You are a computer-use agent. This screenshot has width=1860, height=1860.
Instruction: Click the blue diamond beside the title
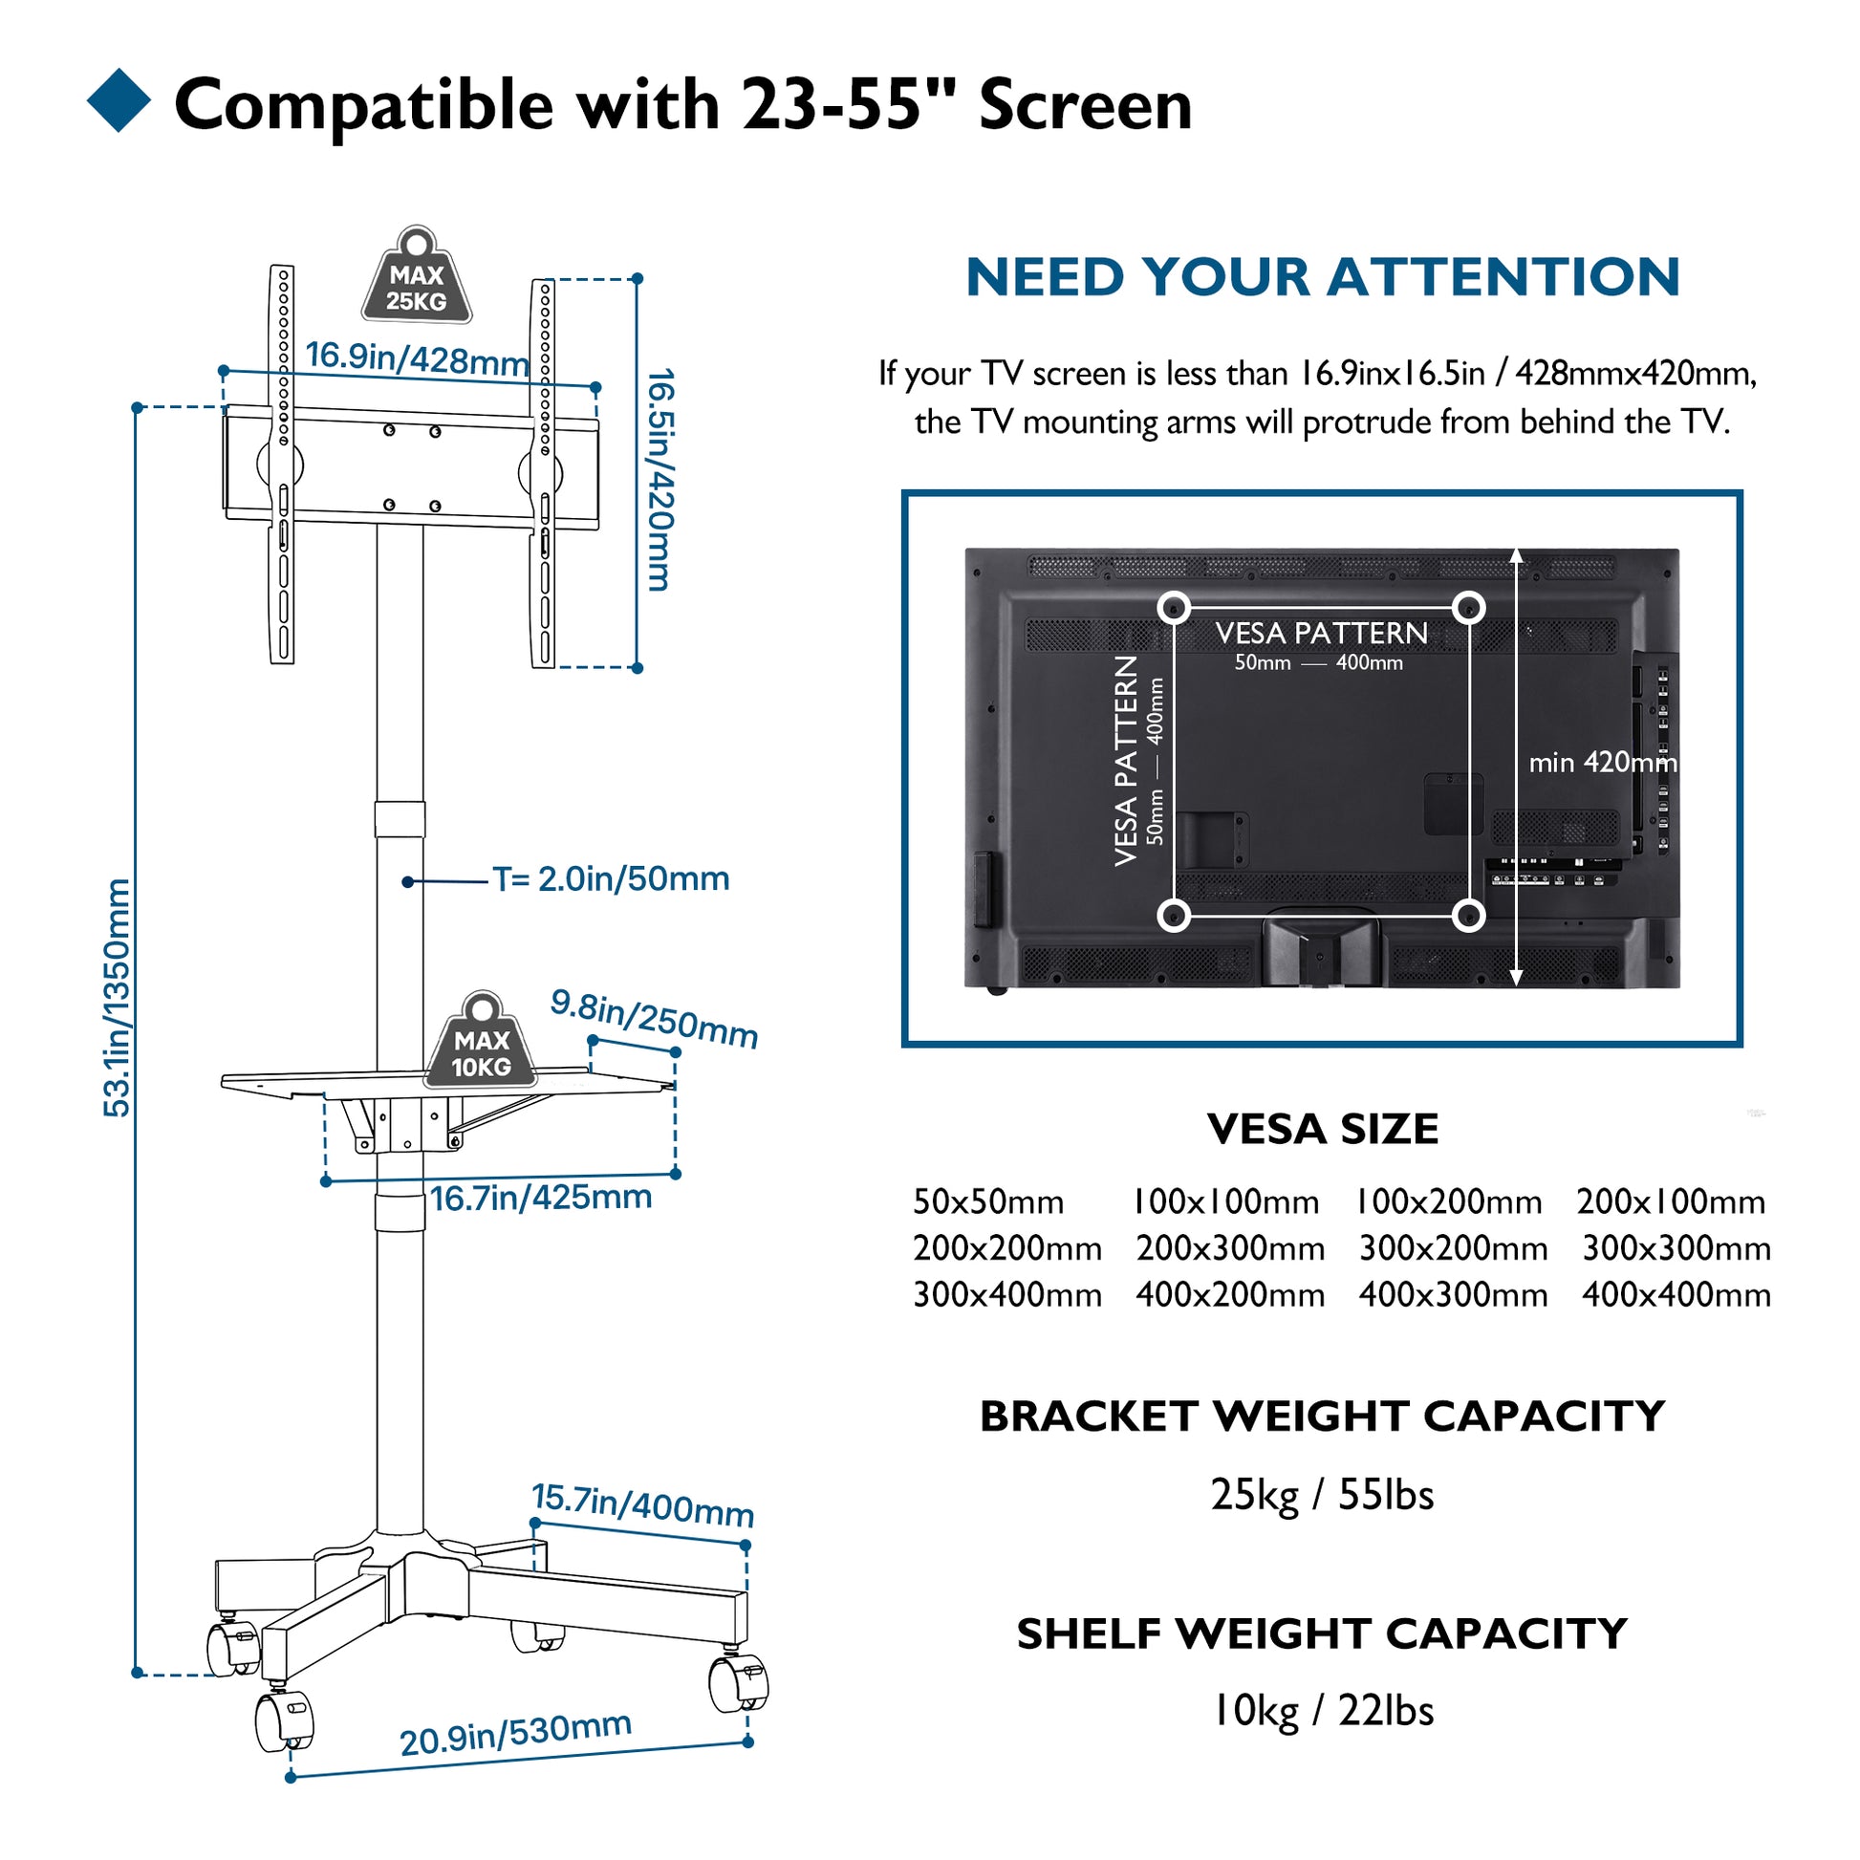(x=119, y=100)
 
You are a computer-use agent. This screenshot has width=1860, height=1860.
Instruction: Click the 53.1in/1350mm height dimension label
(x=117, y=999)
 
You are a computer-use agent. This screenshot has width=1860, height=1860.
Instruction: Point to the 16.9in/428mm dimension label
(x=418, y=358)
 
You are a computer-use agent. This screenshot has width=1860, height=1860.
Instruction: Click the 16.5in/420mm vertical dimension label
(x=660, y=480)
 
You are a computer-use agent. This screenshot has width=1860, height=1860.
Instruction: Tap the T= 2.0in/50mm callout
(x=612, y=879)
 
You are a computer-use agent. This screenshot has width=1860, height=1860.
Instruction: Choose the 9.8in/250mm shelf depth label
(x=655, y=1019)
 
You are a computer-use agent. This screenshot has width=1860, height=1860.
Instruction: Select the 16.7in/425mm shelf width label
(x=541, y=1198)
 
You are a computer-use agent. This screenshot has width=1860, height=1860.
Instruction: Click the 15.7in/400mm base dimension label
(x=643, y=1505)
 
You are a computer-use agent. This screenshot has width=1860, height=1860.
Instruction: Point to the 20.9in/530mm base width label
(x=516, y=1734)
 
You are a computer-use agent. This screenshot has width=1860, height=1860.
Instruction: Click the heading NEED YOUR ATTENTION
(x=1323, y=277)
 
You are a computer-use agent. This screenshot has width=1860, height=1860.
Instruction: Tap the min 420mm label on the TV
(x=1603, y=763)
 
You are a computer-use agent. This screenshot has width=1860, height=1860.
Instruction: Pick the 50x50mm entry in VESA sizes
(x=988, y=1201)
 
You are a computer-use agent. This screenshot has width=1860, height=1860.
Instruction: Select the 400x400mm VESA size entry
(x=1676, y=1295)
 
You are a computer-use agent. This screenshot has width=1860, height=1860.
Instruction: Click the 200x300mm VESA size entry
(x=1230, y=1248)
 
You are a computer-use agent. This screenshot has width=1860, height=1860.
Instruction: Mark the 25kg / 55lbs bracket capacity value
(x=1323, y=1495)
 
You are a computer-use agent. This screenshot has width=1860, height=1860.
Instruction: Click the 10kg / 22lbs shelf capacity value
(x=1323, y=1711)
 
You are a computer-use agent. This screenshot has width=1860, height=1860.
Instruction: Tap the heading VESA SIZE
(x=1323, y=1130)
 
